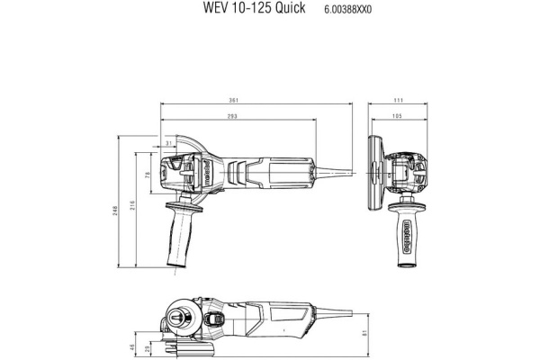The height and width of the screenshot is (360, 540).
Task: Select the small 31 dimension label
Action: pyautogui.click(x=168, y=143)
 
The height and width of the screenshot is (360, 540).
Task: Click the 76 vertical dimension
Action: pyautogui.click(x=148, y=175)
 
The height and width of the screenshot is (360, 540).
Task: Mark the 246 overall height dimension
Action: pyautogui.click(x=118, y=209)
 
